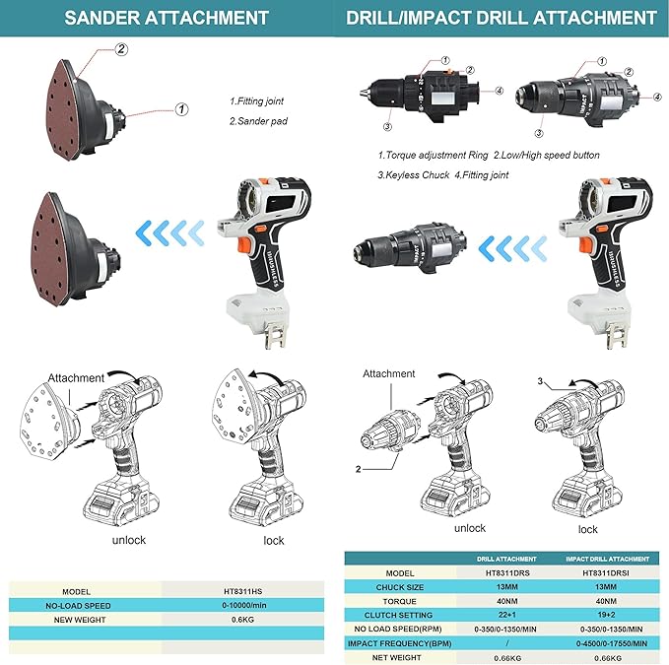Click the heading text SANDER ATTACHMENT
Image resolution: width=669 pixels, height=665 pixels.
pyautogui.click(x=166, y=18)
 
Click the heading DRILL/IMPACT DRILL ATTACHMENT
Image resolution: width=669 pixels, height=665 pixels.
pyautogui.click(x=501, y=18)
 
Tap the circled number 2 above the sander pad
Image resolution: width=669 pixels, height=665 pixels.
pyautogui.click(x=121, y=49)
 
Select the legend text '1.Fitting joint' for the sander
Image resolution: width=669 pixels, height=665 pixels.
pyautogui.click(x=256, y=101)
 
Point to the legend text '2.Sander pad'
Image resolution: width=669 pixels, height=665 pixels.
pyautogui.click(x=258, y=121)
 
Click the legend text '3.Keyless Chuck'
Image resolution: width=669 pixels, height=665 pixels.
pyautogui.click(x=414, y=175)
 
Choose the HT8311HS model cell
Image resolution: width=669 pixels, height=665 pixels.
pyautogui.click(x=242, y=592)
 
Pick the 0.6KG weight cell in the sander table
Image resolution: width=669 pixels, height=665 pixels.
pyautogui.click(x=242, y=620)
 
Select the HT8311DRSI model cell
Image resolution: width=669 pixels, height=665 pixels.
pyautogui.click(x=605, y=572)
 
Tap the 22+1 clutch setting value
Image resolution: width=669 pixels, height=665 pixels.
pyautogui.click(x=506, y=615)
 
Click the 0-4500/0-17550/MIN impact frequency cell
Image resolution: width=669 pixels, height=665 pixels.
pyautogui.click(x=612, y=643)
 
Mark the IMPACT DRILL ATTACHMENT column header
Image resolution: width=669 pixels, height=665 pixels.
pyautogui.click(x=607, y=559)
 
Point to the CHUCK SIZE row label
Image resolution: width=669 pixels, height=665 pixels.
pyautogui.click(x=400, y=587)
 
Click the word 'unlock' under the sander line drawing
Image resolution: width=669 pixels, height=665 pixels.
pyautogui.click(x=129, y=540)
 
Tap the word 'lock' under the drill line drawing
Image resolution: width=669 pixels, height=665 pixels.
pyautogui.click(x=587, y=529)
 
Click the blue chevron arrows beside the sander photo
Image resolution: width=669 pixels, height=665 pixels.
pyautogui.click(x=169, y=233)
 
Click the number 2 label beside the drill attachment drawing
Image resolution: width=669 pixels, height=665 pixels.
pyautogui.click(x=358, y=469)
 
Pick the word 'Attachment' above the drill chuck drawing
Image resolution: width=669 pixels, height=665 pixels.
pyautogui.click(x=388, y=373)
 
